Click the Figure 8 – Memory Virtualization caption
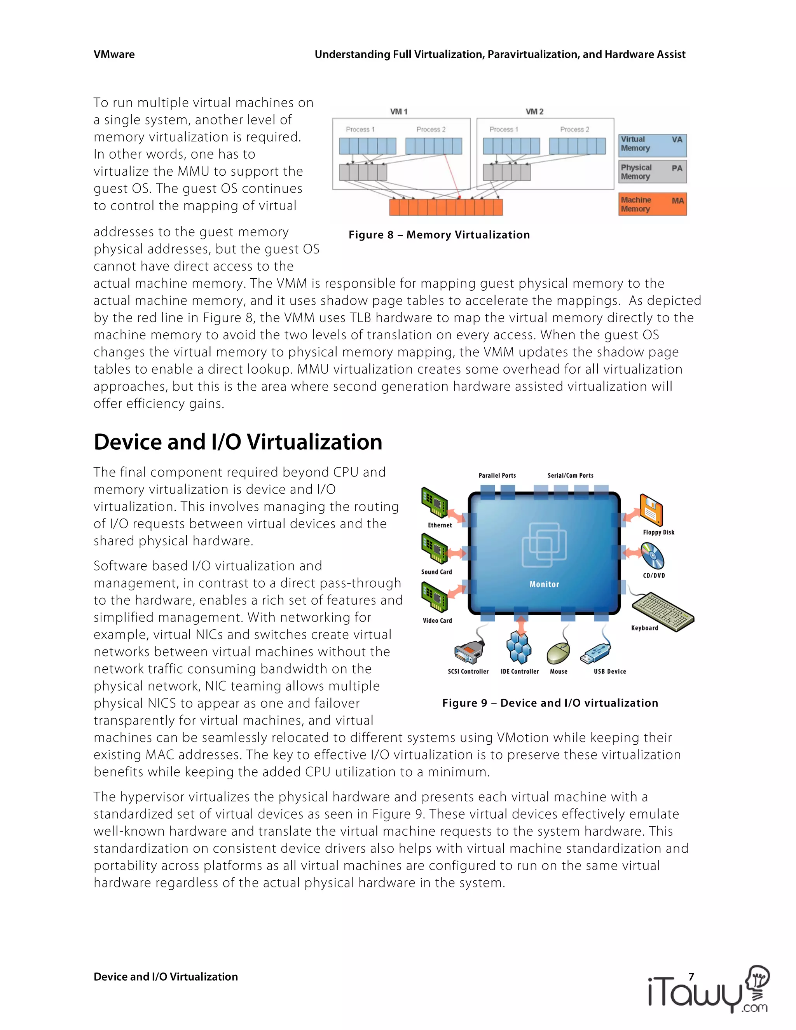click(x=439, y=235)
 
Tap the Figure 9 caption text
click(x=550, y=703)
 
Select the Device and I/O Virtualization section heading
click(x=237, y=442)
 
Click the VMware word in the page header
click(x=114, y=55)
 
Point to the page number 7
click(x=691, y=977)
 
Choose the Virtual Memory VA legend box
click(x=652, y=144)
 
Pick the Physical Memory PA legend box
click(x=652, y=172)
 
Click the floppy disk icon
click(x=651, y=510)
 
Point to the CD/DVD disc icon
click(x=653, y=556)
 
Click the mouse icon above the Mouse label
click(x=559, y=653)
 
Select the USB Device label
click(x=610, y=672)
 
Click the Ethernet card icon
click(x=434, y=503)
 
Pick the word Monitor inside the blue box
click(x=544, y=584)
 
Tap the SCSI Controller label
click(x=468, y=672)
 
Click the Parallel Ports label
click(x=497, y=475)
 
